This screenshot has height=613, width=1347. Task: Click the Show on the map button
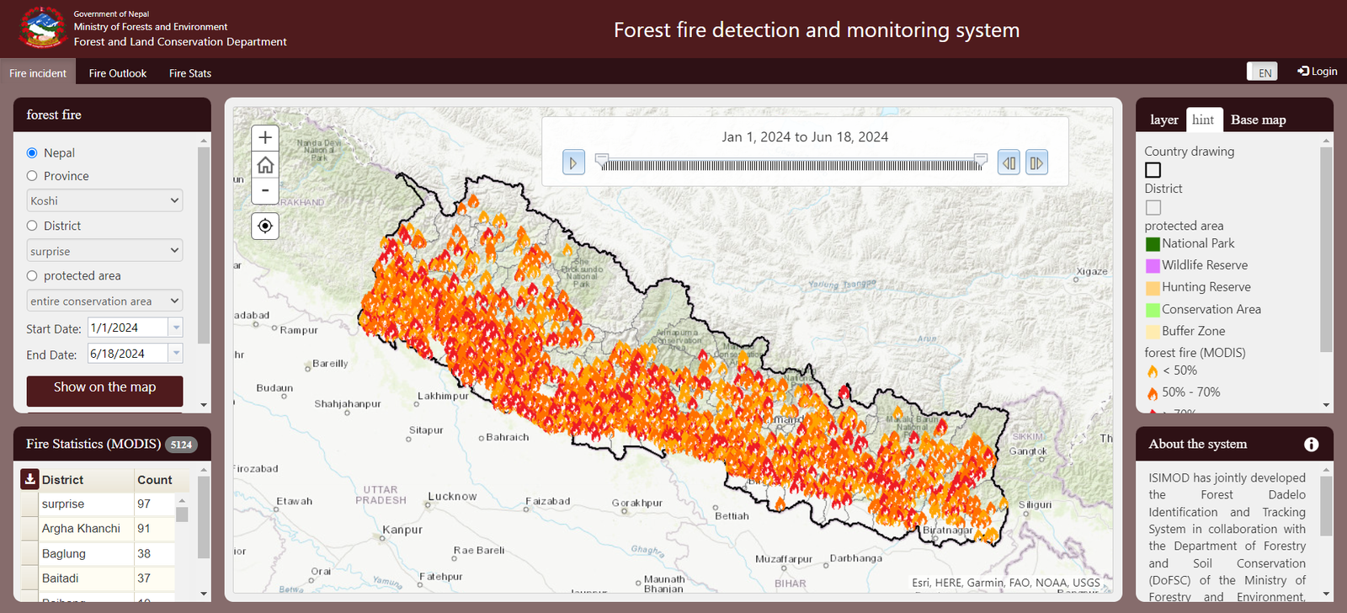point(104,388)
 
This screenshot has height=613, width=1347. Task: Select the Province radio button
point(32,176)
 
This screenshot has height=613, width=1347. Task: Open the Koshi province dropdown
point(104,200)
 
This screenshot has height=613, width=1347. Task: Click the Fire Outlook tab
point(118,73)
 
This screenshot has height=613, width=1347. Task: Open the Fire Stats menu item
point(190,73)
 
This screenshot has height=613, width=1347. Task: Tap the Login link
point(1318,72)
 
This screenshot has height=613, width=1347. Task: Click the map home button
point(265,164)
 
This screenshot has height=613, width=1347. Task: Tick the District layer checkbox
point(1153,207)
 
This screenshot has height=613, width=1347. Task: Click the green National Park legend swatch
point(1153,244)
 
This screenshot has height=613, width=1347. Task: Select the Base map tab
point(1258,120)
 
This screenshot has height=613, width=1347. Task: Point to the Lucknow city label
point(452,496)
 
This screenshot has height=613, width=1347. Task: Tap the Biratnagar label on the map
point(947,530)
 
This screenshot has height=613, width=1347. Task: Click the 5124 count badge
point(181,445)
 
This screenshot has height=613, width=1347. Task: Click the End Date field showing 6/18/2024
point(126,354)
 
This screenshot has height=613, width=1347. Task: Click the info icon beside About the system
point(1311,445)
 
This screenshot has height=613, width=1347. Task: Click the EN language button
point(1263,72)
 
